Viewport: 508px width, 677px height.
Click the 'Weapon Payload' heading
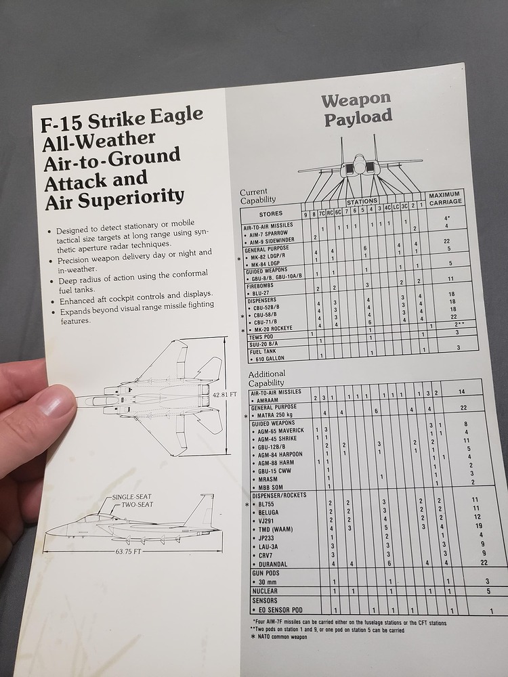click(357, 109)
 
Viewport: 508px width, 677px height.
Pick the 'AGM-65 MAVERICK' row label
click(280, 431)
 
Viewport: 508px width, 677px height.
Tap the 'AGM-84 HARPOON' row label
click(280, 454)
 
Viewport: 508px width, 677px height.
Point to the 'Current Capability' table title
click(258, 196)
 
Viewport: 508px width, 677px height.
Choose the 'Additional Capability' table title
click(267, 378)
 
